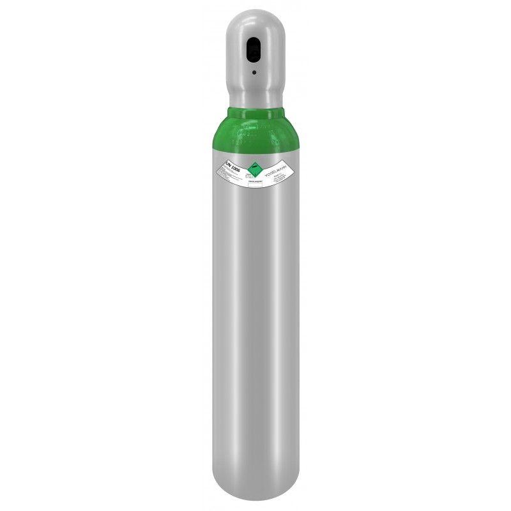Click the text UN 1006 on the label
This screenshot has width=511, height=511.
pos(233,167)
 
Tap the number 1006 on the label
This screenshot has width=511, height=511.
pos(236,168)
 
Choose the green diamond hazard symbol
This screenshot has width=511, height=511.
pos(256,170)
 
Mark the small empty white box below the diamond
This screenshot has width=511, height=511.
pos(255,185)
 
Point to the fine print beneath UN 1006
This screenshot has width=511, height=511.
pos(231,175)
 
